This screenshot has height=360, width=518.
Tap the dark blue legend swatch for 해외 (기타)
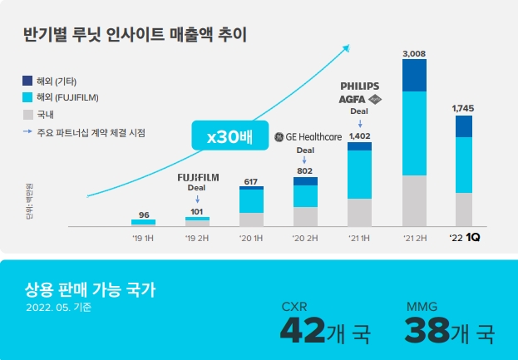pyautogui.click(x=28, y=81)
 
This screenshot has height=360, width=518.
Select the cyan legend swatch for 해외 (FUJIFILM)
pyautogui.click(x=28, y=97)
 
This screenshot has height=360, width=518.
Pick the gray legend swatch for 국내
pyautogui.click(x=28, y=114)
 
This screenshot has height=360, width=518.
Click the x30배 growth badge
pyautogui.click(x=222, y=136)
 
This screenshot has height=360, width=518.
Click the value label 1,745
pyautogui.click(x=463, y=108)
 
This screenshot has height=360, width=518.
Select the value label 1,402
pyautogui.click(x=359, y=136)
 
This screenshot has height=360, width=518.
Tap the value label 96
pyautogui.click(x=143, y=215)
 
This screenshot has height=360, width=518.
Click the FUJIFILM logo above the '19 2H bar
pyautogui.click(x=197, y=178)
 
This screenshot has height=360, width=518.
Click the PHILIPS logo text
pyautogui.click(x=359, y=86)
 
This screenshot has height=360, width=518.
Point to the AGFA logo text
pyautogui.click(x=353, y=98)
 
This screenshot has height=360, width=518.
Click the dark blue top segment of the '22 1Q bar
pyautogui.click(x=463, y=126)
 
